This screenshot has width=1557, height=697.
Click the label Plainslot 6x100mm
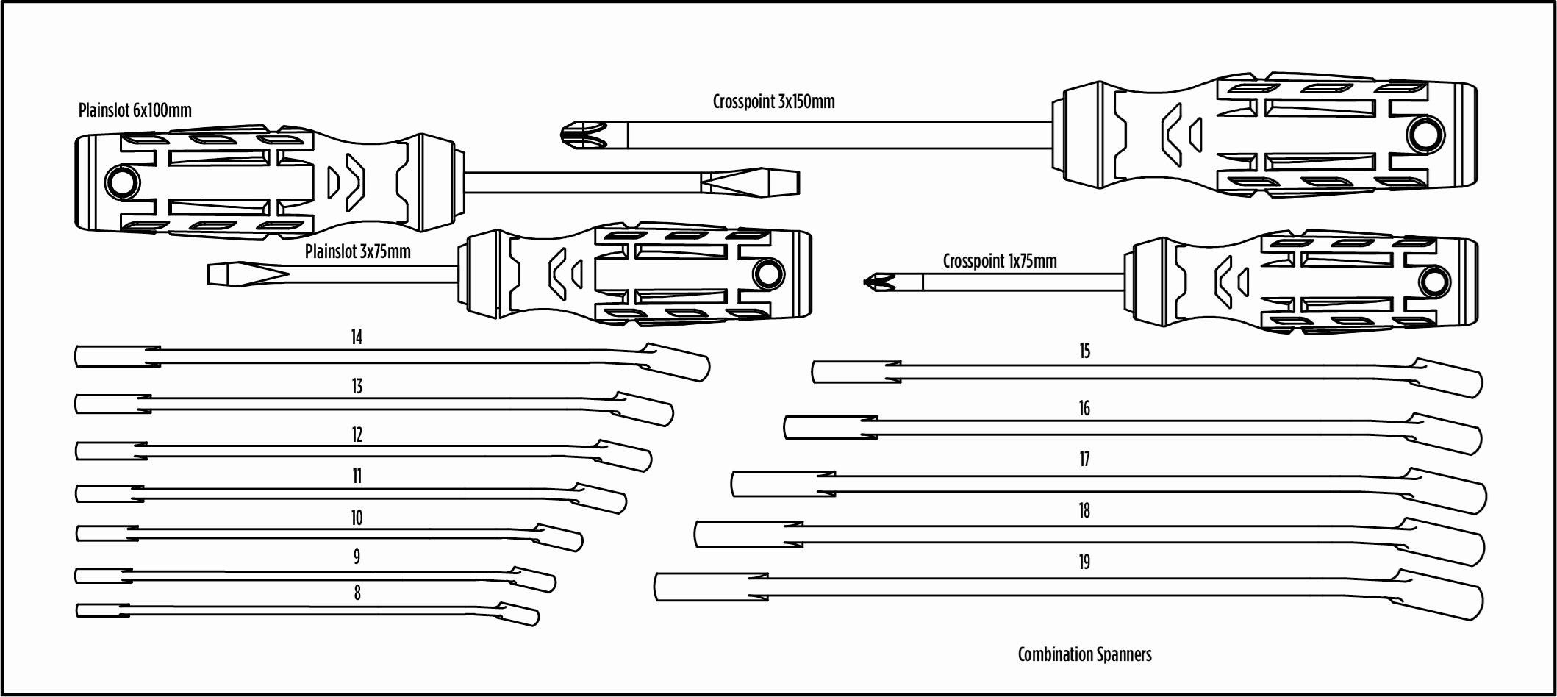[x=135, y=110]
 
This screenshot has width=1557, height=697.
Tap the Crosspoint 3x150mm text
[x=773, y=101]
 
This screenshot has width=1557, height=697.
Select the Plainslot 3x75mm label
[x=357, y=251]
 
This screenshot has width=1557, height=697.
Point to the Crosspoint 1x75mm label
[x=999, y=261]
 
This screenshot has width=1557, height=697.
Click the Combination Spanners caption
[x=1084, y=654]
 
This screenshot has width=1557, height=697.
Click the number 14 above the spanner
[x=357, y=337]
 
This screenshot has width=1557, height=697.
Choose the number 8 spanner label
[x=357, y=593]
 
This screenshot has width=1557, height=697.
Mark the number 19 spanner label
[x=1084, y=562]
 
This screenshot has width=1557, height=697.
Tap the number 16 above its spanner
[x=1084, y=409]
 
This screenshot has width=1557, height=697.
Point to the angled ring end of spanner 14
[x=676, y=362]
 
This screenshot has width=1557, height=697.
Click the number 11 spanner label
[x=357, y=476]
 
